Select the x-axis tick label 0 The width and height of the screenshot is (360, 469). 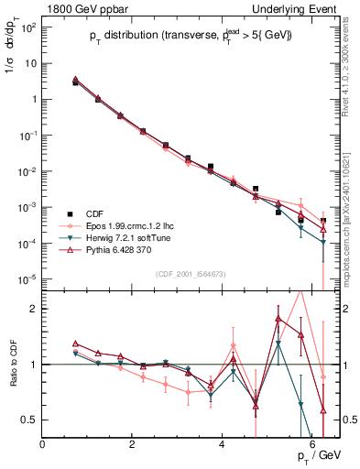(43, 444)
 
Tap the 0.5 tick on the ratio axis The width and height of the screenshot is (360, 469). (29, 420)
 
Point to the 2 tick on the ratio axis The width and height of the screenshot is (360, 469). (34, 309)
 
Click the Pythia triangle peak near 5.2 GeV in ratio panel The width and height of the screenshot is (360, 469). (278, 319)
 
